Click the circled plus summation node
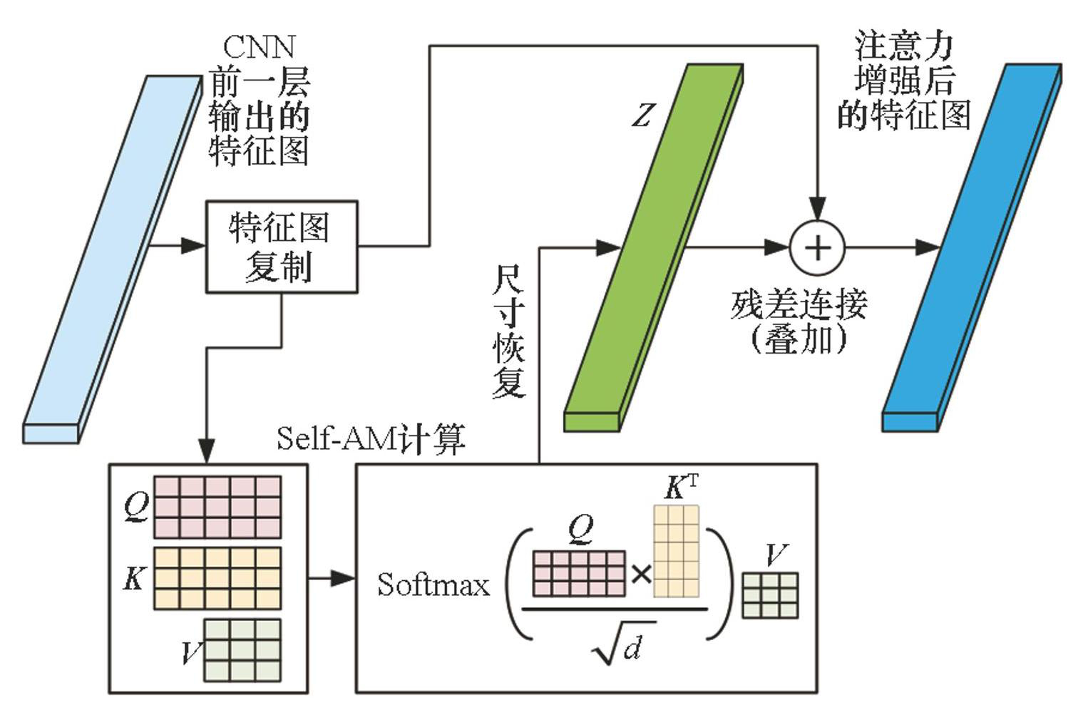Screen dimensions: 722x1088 pyautogui.click(x=817, y=247)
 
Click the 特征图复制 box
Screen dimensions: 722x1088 pyautogui.click(x=282, y=247)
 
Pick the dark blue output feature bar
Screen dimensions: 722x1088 pyautogui.click(x=972, y=247)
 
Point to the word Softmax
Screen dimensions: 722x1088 pyautogui.click(x=433, y=585)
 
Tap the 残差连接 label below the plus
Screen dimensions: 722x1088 pyautogui.click(x=799, y=305)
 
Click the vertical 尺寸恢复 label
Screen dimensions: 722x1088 pyautogui.click(x=509, y=331)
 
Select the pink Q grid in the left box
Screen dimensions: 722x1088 pyautogui.click(x=217, y=507)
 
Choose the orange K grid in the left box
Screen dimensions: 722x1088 pyautogui.click(x=217, y=578)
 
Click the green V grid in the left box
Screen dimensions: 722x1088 pyautogui.click(x=242, y=649)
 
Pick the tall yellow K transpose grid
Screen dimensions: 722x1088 pyautogui.click(x=676, y=551)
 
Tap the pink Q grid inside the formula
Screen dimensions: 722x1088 pyautogui.click(x=579, y=573)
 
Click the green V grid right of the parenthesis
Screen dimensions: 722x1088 pyautogui.click(x=770, y=595)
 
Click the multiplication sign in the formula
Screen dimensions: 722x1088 pyautogui.click(x=641, y=574)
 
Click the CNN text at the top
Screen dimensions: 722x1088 pyautogui.click(x=258, y=47)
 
